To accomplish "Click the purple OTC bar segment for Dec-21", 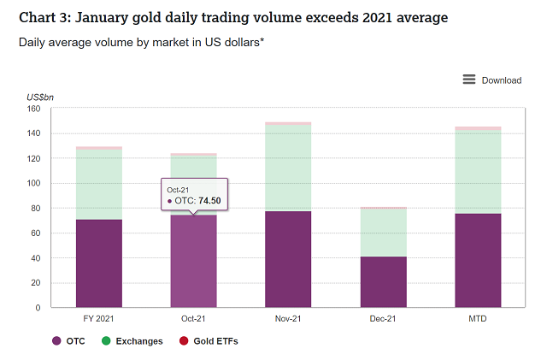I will pyautogui.click(x=383, y=282).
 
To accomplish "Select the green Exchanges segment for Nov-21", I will pyautogui.click(x=288, y=168).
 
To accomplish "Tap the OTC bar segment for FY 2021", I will pyautogui.click(x=99, y=263).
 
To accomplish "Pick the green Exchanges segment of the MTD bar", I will pyautogui.click(x=478, y=172).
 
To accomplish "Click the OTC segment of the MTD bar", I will pyautogui.click(x=478, y=261).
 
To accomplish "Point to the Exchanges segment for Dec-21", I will pyautogui.click(x=383, y=233).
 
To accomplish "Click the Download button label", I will pyautogui.click(x=502, y=80).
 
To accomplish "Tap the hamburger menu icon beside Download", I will pyautogui.click(x=469, y=80).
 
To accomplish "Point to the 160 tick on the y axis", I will pyautogui.click(x=34, y=109).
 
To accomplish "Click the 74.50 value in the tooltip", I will pyautogui.click(x=209, y=200).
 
